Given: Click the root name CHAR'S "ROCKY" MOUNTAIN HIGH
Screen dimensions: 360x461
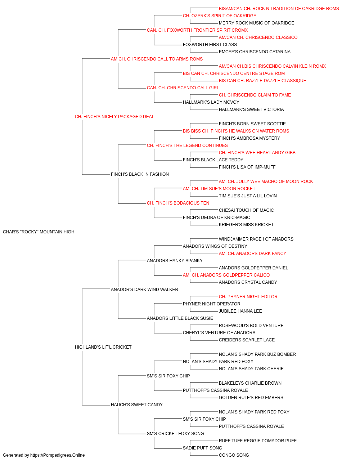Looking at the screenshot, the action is (x=39, y=232).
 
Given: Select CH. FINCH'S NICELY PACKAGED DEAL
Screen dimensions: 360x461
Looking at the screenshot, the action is (x=114, y=117).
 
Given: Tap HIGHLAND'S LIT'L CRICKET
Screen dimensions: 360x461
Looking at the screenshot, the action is (x=103, y=347).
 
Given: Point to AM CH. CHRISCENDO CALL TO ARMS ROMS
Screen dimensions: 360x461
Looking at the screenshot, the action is (x=157, y=59).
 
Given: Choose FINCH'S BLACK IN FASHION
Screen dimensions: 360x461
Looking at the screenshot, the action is (x=140, y=174).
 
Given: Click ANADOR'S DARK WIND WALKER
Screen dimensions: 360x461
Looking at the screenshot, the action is (x=144, y=289).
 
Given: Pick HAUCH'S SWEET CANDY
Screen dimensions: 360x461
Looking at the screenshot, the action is (x=137, y=405).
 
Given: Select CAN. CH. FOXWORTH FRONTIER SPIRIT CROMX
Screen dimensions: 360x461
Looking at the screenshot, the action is (x=197, y=30).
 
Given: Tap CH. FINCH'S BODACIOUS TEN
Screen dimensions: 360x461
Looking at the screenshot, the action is (x=178, y=203).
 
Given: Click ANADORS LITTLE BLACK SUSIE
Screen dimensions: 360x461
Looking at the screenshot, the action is (x=180, y=318).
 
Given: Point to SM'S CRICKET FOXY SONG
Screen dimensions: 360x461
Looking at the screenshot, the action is (x=175, y=434).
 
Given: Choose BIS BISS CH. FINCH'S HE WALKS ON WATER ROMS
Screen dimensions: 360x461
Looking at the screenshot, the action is (x=236, y=131).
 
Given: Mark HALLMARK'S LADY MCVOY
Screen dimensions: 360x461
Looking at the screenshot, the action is (x=211, y=102).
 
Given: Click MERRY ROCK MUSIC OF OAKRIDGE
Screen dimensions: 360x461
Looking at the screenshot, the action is (x=257, y=23).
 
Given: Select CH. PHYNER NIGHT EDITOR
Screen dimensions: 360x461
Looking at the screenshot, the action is (x=248, y=296).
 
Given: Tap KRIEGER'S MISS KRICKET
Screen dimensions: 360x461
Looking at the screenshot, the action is (x=246, y=225).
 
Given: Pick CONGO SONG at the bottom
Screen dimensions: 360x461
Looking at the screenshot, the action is (x=234, y=455).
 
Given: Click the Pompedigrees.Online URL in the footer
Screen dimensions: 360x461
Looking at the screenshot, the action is (x=58, y=455).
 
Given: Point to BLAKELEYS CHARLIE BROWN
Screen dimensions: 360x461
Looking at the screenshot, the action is (x=250, y=383).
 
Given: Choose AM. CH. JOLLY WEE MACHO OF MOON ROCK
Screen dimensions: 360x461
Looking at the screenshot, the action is (x=266, y=182).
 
